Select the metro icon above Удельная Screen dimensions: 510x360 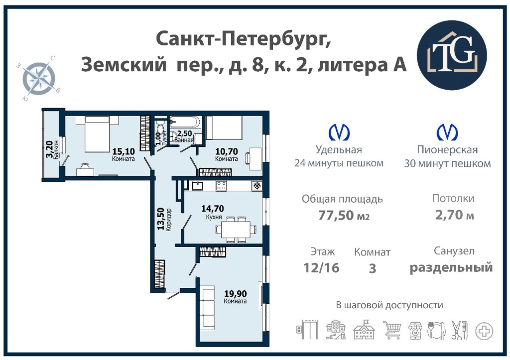point(339,132)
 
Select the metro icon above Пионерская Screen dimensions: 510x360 point(447,132)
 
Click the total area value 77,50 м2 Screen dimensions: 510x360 point(344,215)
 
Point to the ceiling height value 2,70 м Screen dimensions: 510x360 point(454,215)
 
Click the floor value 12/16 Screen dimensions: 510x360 point(321,268)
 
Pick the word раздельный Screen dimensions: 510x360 point(451,268)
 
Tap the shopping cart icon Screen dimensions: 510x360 point(392,330)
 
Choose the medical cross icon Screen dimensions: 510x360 point(484,332)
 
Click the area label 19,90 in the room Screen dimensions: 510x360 point(236,294)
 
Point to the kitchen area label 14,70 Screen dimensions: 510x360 point(213,208)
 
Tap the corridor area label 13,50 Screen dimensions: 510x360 point(161,219)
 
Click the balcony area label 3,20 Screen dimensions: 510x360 point(49,149)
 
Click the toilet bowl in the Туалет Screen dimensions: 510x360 point(159,125)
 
